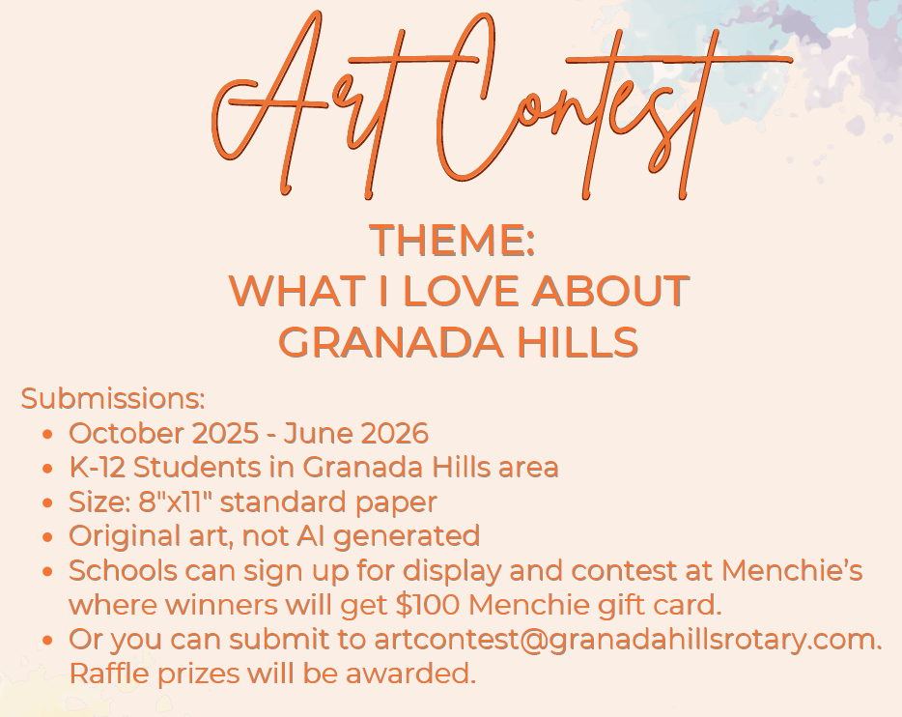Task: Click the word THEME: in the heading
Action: [x=452, y=240]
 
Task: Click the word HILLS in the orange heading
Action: [x=581, y=341]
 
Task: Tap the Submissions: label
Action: [x=113, y=398]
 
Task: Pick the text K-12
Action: [x=98, y=468]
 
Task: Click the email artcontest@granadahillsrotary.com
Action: [x=627, y=640]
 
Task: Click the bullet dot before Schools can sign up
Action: [x=47, y=572]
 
